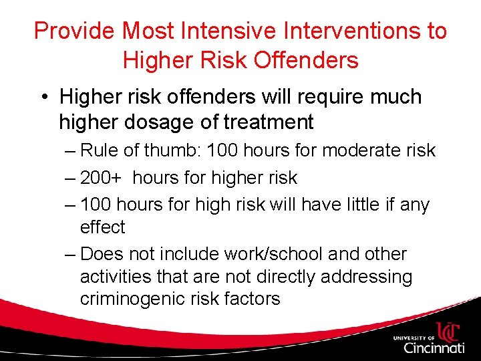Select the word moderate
click(356, 150)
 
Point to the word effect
click(102, 227)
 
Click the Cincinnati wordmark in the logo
click(434, 347)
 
